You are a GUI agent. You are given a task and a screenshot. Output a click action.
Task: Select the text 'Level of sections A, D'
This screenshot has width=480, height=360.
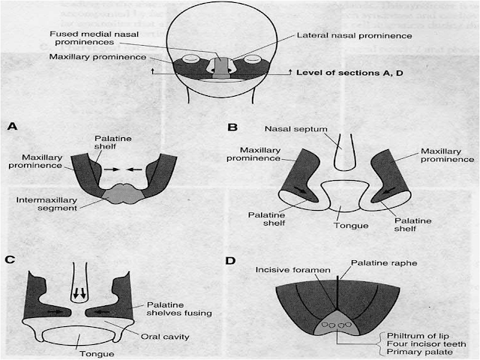(347, 72)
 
